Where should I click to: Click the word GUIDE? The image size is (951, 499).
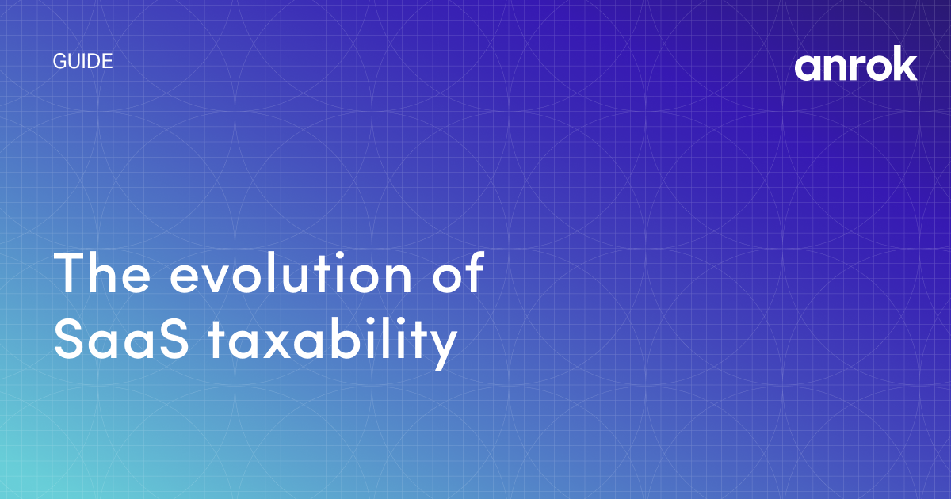coord(83,61)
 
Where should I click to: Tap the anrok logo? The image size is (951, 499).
coord(856,67)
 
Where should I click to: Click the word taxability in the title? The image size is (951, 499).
coord(334,342)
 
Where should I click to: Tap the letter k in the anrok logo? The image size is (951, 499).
coord(906,67)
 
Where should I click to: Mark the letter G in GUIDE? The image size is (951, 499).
coord(59,61)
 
